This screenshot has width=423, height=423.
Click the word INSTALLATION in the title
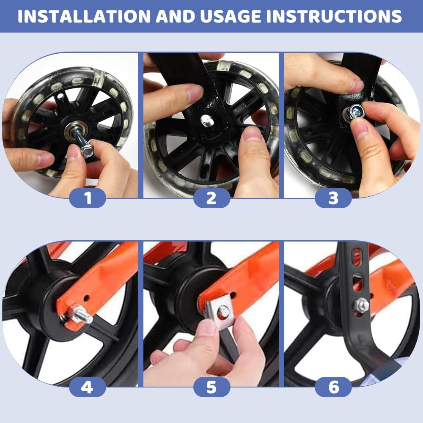click(x=84, y=16)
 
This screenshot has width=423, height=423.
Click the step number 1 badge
click(x=88, y=198)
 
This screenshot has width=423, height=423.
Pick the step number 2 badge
click(x=212, y=198)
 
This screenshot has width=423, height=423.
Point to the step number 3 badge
click(x=333, y=198)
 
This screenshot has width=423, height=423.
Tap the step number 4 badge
click(x=88, y=387)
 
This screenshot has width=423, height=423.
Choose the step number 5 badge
click(x=212, y=387)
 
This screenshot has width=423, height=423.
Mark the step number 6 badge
click(x=333, y=387)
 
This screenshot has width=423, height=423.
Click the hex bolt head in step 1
click(x=87, y=151)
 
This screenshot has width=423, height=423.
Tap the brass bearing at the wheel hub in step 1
click(x=76, y=131)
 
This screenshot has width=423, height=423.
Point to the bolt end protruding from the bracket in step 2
click(x=207, y=120)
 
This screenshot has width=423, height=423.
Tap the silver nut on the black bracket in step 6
click(x=361, y=305)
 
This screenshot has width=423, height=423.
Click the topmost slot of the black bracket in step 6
click(x=357, y=256)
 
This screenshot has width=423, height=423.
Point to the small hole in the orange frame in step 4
click(x=86, y=298)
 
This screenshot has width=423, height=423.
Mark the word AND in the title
click(x=175, y=16)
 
